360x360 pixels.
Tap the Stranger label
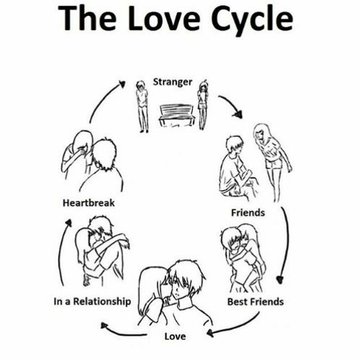point(173,82)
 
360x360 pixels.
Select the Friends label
point(248,212)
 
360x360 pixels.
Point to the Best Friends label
point(256,302)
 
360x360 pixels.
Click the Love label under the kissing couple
point(175,336)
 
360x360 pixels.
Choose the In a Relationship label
point(92,302)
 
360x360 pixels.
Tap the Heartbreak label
point(89,203)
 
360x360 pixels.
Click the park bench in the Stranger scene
point(176,115)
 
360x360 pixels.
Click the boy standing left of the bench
point(142,107)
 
